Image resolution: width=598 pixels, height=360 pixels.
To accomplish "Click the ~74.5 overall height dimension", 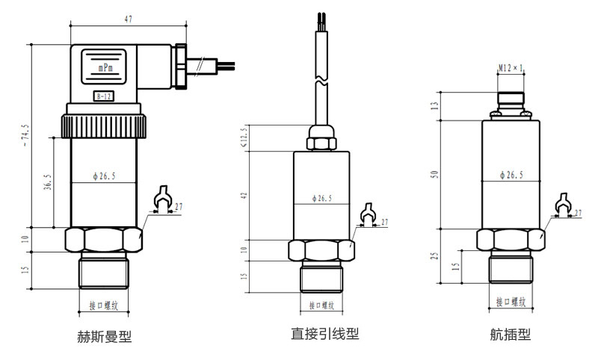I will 28,134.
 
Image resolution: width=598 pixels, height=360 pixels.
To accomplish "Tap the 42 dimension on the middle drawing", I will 244,195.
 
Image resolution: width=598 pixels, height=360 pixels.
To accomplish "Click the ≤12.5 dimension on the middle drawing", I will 244,137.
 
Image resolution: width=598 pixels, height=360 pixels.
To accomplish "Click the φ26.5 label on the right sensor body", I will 511,175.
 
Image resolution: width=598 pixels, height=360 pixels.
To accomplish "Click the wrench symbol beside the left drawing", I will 161,199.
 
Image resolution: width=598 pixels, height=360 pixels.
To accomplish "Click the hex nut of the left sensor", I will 103,239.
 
